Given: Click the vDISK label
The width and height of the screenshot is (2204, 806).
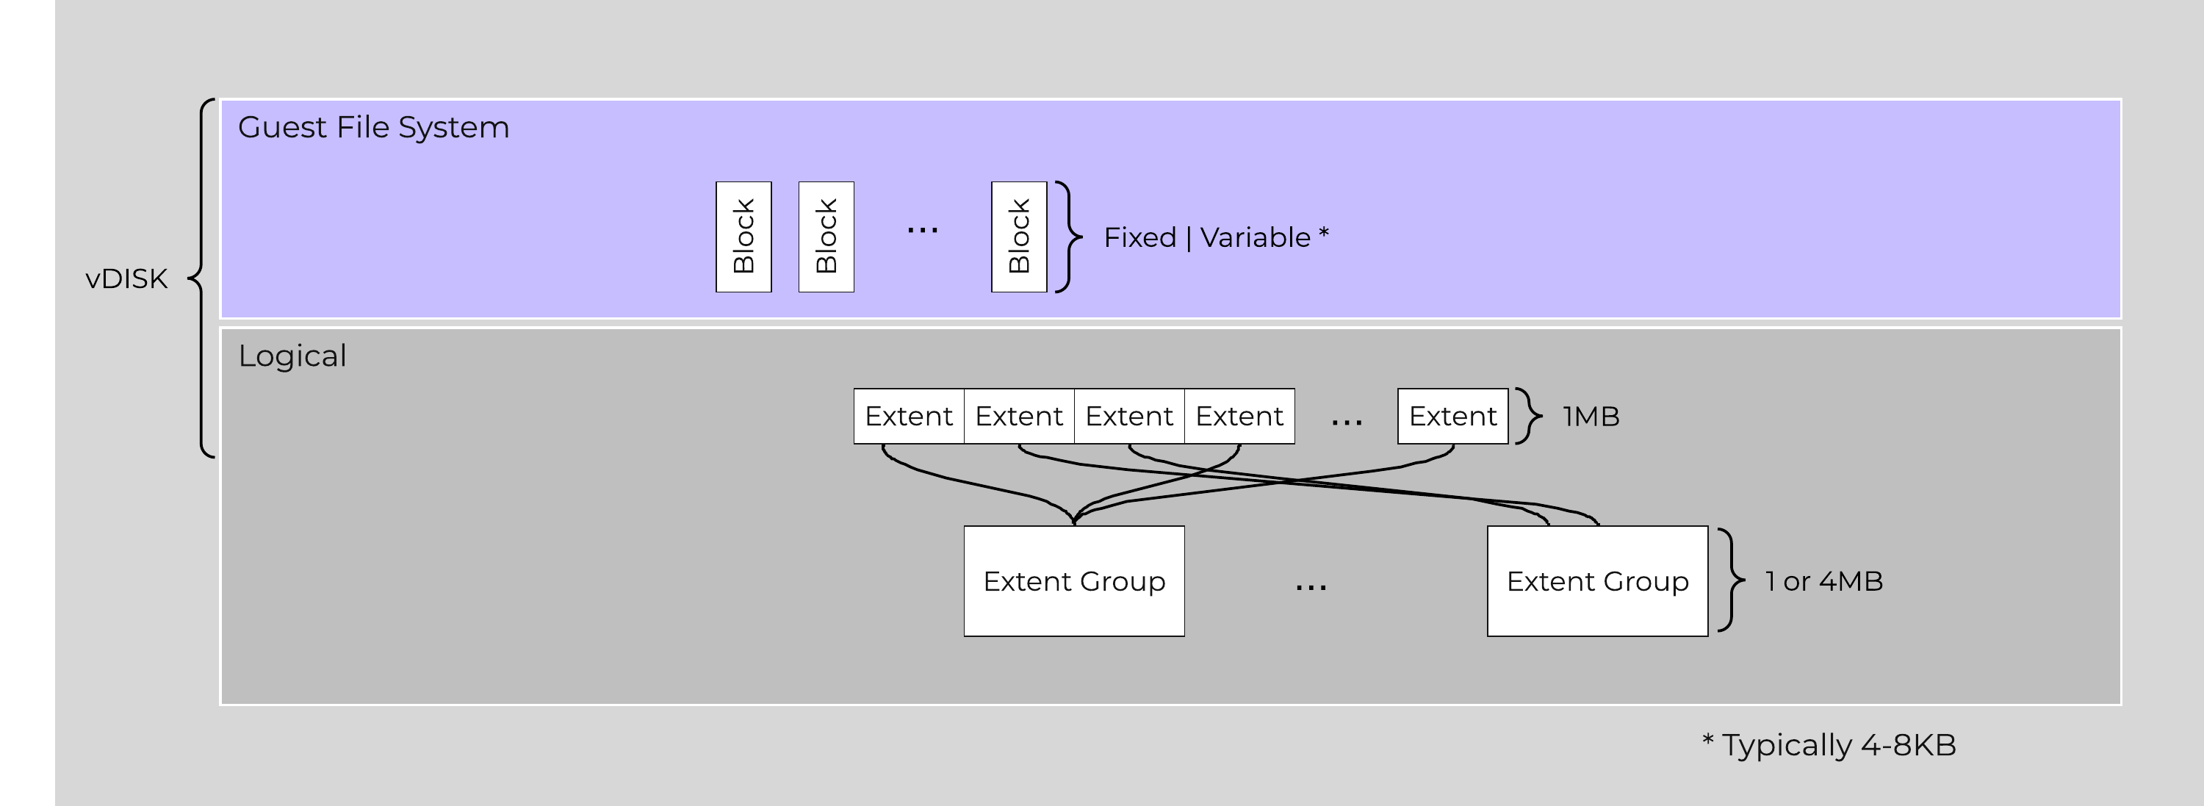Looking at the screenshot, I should (126, 279).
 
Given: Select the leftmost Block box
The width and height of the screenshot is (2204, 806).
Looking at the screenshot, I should (743, 237).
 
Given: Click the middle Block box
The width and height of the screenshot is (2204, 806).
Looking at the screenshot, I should (826, 237).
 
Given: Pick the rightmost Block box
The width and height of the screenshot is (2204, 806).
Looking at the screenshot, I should (1018, 237).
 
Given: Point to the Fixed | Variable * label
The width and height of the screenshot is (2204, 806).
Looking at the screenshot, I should (1216, 237).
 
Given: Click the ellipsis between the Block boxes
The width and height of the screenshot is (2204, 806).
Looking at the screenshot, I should (922, 229).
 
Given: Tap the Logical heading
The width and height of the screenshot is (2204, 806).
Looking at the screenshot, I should (292, 356).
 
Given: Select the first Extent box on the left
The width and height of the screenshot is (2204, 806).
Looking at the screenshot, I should (909, 417).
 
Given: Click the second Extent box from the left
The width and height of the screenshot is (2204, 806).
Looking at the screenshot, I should (1018, 417).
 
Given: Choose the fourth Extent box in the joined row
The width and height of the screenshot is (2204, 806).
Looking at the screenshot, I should (1239, 417).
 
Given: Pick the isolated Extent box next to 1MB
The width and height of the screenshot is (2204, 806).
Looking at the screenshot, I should (1452, 417).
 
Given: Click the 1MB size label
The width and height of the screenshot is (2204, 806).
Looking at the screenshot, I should (1591, 417).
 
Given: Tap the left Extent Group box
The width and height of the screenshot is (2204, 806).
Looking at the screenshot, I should (1074, 581).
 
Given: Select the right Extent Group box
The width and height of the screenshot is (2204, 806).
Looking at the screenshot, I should (1597, 581).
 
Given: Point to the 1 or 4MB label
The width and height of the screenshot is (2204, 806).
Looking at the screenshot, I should (1824, 581).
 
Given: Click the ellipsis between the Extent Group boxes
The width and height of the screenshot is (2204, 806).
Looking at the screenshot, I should (1311, 587).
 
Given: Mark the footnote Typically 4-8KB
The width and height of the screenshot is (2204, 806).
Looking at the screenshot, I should (1829, 744).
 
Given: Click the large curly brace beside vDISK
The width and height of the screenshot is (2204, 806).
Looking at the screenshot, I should (202, 278).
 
